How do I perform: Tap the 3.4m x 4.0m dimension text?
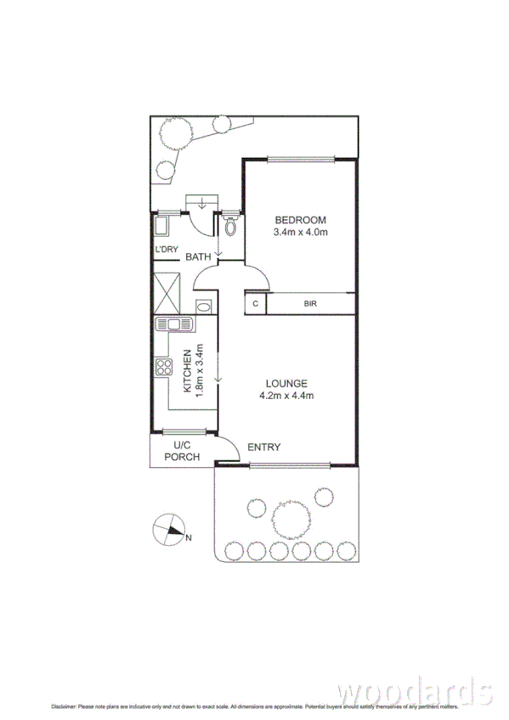[x=299, y=232]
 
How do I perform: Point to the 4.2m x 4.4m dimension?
[x=286, y=396]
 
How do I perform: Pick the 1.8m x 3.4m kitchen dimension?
[x=201, y=370]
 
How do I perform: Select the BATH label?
[x=198, y=256]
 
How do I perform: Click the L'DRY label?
[x=165, y=249]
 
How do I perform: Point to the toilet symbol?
[x=229, y=225]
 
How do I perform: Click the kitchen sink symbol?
[x=173, y=323]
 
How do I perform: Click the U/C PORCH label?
[x=182, y=451]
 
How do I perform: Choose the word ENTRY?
[x=263, y=447]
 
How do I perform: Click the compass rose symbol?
[x=168, y=531]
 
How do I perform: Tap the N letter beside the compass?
[x=189, y=537]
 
